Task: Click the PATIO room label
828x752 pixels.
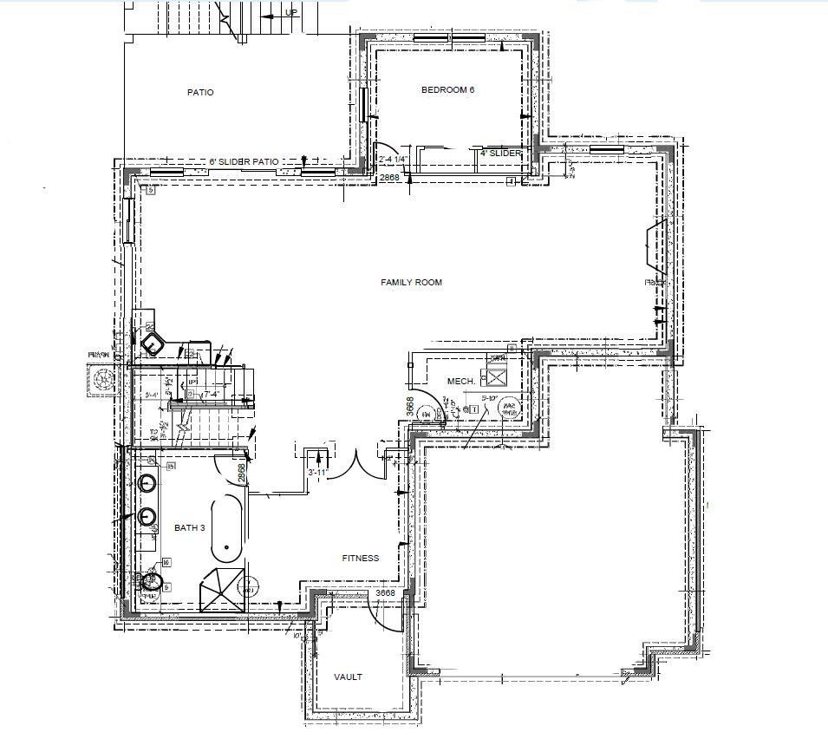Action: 200,92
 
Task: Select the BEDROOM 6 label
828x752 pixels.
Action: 447,89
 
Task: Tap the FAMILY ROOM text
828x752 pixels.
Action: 412,283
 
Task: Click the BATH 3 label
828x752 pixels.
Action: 190,527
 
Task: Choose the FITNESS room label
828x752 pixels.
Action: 361,558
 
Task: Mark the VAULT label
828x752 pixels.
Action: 349,677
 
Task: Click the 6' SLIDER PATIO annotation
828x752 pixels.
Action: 244,161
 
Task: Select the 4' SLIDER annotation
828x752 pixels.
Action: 501,153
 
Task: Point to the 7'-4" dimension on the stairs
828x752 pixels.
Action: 209,396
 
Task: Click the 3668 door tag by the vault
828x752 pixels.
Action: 385,593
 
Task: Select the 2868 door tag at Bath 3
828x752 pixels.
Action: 242,473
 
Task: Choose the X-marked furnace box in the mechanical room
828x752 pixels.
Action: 498,376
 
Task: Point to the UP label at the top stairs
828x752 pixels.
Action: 292,13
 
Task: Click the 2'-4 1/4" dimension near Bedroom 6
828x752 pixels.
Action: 394,159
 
